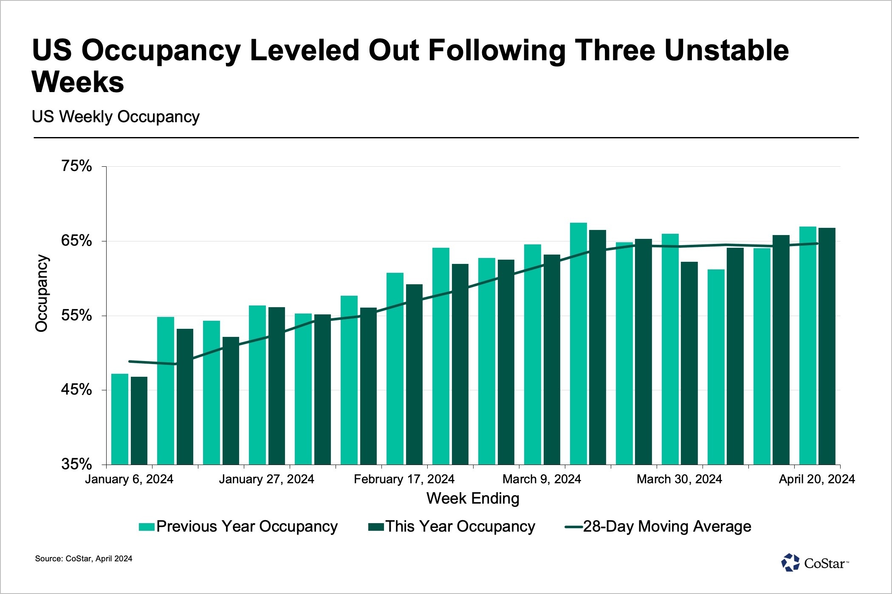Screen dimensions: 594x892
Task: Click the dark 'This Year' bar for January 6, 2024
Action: (139, 420)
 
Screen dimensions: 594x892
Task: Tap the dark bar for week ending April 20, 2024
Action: (827, 346)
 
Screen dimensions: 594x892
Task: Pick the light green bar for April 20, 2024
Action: (807, 345)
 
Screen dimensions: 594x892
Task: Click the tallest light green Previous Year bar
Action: (578, 343)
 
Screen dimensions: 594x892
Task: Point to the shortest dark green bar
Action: (139, 420)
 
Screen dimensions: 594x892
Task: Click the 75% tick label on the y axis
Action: (76, 166)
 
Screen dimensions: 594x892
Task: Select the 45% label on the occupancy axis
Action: (76, 389)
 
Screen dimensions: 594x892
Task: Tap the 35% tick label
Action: (76, 464)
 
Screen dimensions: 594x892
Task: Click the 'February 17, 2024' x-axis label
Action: (404, 479)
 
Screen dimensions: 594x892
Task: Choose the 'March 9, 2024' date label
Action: (542, 479)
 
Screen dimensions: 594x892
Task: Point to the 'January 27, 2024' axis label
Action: (266, 479)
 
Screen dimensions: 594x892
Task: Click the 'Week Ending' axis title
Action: (473, 498)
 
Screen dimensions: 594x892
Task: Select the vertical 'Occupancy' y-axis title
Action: (42, 293)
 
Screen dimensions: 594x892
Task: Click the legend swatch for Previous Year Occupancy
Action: (146, 527)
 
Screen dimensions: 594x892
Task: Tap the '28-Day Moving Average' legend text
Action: (667, 527)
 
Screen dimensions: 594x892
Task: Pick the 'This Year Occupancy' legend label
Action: (460, 527)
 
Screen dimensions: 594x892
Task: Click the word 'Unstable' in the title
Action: (726, 50)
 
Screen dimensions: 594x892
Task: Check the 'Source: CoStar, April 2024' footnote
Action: (84, 559)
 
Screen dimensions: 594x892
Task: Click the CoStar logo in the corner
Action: (814, 563)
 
